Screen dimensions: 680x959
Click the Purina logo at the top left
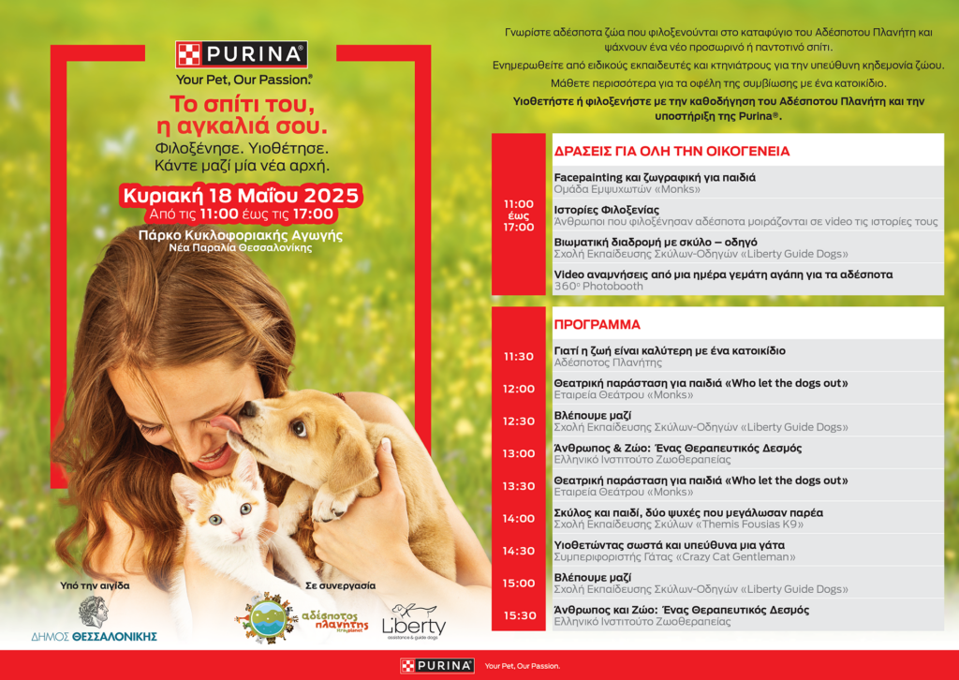(242, 54)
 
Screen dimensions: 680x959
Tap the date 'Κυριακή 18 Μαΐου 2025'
(240, 195)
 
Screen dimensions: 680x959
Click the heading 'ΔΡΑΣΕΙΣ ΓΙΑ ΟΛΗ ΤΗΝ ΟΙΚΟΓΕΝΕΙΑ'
(671, 151)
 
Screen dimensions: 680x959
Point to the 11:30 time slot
(518, 357)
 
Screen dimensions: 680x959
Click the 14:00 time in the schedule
(518, 519)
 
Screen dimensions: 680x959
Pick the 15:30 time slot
(518, 615)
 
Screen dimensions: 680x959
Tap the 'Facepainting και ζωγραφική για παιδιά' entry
(655, 177)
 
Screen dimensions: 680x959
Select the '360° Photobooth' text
(598, 287)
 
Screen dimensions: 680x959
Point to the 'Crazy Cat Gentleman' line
(674, 557)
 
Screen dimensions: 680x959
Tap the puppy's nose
(247, 409)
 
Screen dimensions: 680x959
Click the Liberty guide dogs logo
(413, 622)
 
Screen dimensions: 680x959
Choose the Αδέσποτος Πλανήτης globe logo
(266, 618)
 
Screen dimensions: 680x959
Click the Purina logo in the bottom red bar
(436, 666)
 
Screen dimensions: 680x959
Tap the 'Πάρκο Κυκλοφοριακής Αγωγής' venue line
(240, 234)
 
